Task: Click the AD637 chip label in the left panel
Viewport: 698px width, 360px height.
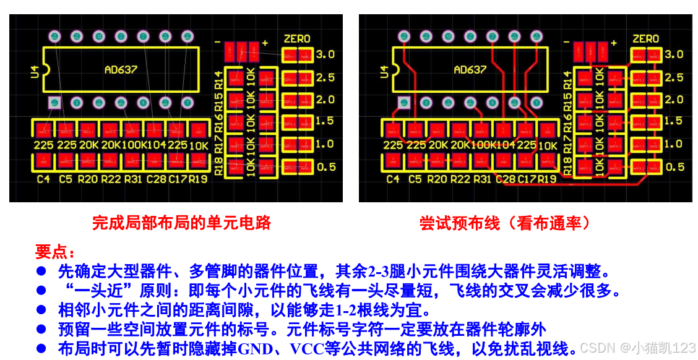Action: click(121, 69)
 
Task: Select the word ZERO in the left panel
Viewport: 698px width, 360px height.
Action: click(297, 39)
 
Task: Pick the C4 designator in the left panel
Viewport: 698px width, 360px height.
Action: click(43, 179)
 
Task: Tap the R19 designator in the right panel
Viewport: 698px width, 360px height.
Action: click(547, 179)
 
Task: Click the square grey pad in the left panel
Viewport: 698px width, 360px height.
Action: click(54, 103)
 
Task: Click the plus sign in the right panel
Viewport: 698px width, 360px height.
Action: click(614, 43)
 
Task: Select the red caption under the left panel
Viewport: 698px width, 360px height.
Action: click(181, 223)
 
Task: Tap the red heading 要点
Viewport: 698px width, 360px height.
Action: click(55, 252)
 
